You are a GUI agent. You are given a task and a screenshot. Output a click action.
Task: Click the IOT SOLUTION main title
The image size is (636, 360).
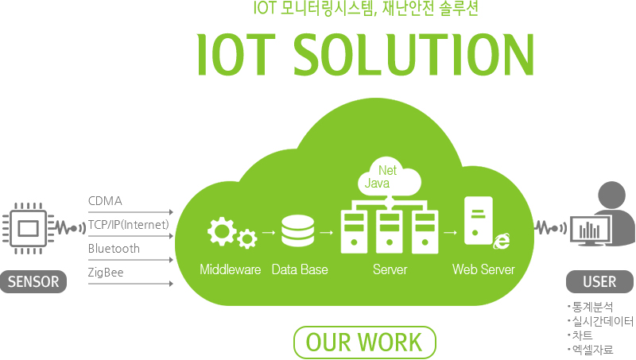pyautogui.click(x=365, y=53)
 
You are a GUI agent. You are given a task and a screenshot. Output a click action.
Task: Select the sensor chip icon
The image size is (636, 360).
pyautogui.click(x=29, y=228)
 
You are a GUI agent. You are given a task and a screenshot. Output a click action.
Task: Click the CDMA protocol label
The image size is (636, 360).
pyautogui.click(x=105, y=201)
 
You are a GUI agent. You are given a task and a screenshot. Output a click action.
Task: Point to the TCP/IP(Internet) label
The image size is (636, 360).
pyautogui.click(x=129, y=225)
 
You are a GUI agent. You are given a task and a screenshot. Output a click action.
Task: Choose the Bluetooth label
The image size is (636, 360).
pyautogui.click(x=114, y=249)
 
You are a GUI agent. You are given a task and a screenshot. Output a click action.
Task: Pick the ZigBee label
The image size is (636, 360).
pyautogui.click(x=106, y=273)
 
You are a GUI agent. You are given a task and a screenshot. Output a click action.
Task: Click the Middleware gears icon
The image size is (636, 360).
pyautogui.click(x=231, y=233)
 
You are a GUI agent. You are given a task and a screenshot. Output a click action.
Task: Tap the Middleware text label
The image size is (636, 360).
pyautogui.click(x=230, y=270)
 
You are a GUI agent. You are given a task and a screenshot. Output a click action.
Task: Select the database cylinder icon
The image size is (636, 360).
pyautogui.click(x=298, y=232)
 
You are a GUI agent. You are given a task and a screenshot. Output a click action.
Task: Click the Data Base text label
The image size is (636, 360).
pyautogui.click(x=299, y=270)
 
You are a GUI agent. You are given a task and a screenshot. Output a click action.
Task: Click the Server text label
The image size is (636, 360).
pyautogui.click(x=390, y=270)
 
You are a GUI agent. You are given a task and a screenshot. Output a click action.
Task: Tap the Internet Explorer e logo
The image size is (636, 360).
pyautogui.click(x=501, y=240)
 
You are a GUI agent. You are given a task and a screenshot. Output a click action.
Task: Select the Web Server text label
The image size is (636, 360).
pyautogui.click(x=483, y=270)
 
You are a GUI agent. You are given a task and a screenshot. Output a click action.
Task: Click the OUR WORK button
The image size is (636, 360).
pyautogui.click(x=364, y=342)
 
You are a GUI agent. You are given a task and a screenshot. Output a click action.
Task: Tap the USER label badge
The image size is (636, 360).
pyautogui.click(x=599, y=281)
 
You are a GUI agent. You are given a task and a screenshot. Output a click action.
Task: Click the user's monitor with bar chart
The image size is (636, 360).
pyautogui.click(x=590, y=230)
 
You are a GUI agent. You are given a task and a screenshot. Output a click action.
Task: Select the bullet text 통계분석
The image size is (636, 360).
pyautogui.click(x=591, y=307)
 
